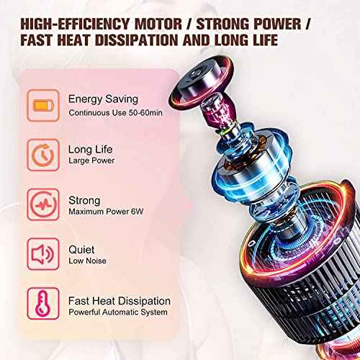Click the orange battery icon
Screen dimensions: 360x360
click(40, 104)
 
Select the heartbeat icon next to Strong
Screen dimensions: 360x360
click(40, 202)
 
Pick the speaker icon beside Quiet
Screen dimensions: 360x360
click(40, 251)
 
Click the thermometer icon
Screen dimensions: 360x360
click(40, 303)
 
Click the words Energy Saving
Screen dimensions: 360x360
click(102, 99)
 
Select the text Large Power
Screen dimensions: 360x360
click(91, 161)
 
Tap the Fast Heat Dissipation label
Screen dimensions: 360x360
click(120, 300)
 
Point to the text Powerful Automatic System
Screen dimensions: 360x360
click(118, 312)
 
